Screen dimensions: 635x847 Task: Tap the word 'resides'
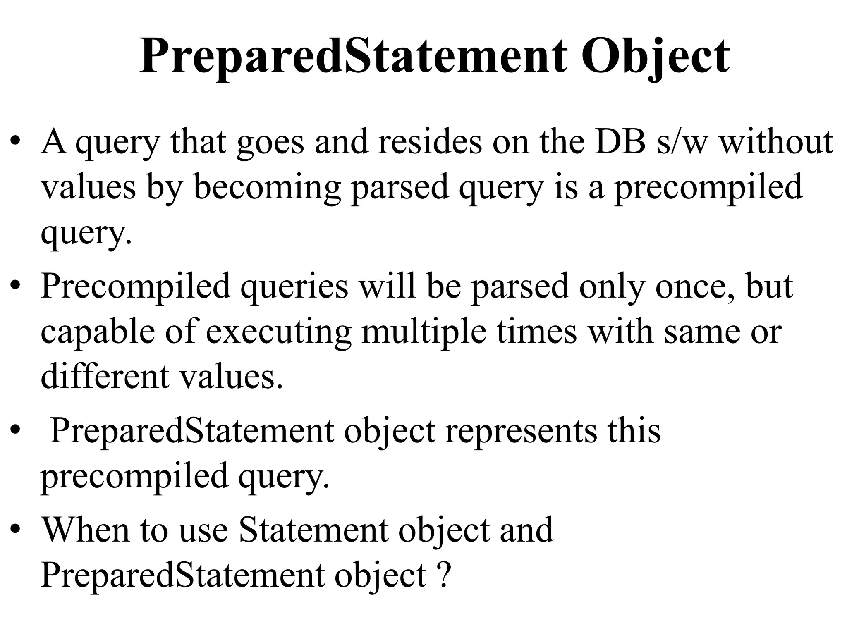[x=429, y=142]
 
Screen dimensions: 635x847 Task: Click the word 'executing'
[x=278, y=332]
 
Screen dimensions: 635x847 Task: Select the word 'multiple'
[x=423, y=332]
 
